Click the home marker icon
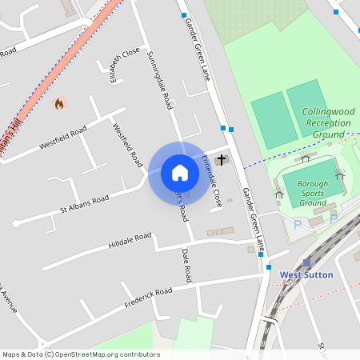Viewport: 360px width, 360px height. click(x=179, y=173)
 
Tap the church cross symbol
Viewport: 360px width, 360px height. click(x=222, y=160)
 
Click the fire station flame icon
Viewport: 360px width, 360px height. click(x=59, y=103)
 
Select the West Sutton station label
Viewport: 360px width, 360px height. click(x=306, y=275)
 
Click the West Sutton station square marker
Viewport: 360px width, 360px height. click(x=306, y=262)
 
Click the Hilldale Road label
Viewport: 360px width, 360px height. click(x=130, y=242)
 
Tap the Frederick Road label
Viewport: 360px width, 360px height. click(x=148, y=300)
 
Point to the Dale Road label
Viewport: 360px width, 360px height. click(x=186, y=265)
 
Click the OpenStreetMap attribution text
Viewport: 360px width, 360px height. click(x=80, y=354)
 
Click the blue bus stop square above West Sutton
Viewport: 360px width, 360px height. click(x=270, y=267)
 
